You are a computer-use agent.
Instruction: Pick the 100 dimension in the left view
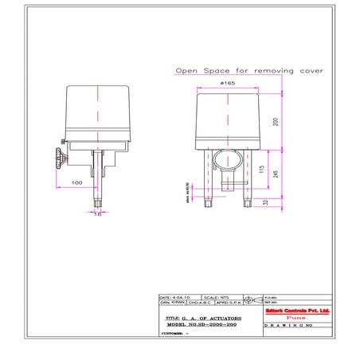coord(77,183)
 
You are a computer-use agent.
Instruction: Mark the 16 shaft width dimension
coord(97,214)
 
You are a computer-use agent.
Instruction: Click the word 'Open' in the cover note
coord(187,70)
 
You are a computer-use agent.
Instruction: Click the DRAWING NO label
coord(291,326)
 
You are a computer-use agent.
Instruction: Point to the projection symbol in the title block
coord(250,301)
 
